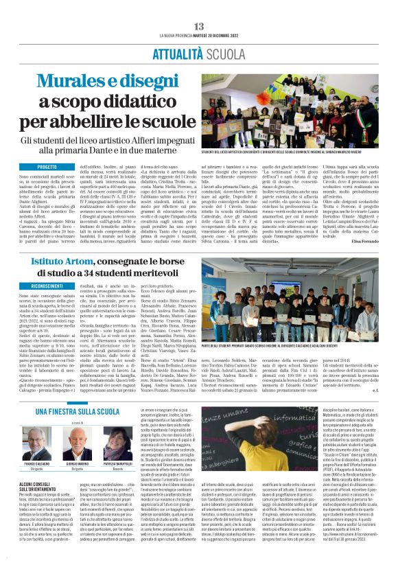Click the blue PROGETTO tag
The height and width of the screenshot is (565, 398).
(47, 167)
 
